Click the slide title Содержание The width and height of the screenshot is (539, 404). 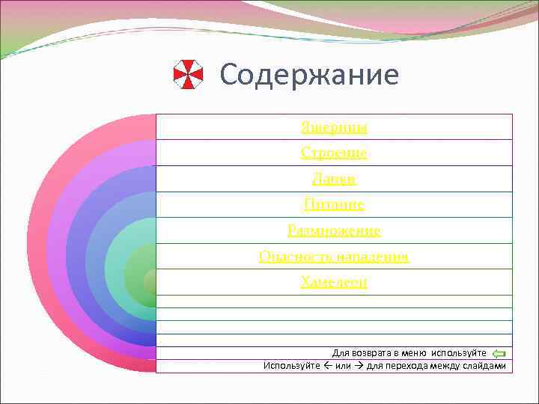[x=309, y=75]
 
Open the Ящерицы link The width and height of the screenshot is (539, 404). [x=334, y=127]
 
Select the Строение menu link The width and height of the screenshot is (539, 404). [x=334, y=153]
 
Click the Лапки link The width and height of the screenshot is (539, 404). [x=334, y=179]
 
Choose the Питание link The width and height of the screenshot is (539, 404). [x=334, y=204]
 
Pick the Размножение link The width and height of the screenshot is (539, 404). [x=334, y=230]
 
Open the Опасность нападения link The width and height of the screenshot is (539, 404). [x=334, y=257]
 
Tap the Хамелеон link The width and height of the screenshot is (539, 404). [x=334, y=282]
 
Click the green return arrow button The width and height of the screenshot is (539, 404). [x=500, y=353]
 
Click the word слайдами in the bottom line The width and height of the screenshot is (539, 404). [x=485, y=365]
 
